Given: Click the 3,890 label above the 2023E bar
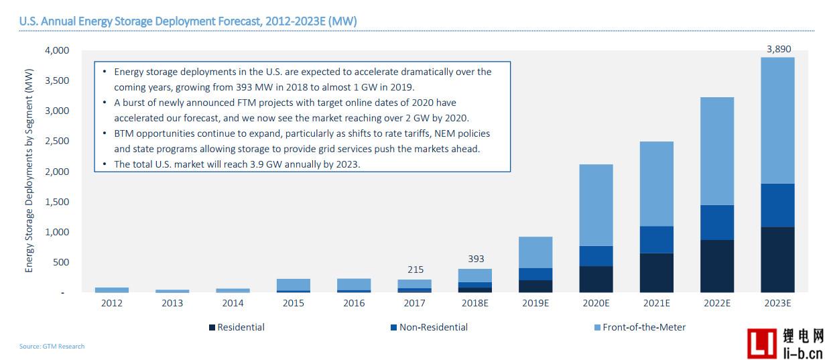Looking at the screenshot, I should [x=777, y=49].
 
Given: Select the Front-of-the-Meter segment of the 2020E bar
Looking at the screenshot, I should [x=596, y=205].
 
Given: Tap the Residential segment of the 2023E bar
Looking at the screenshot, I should [x=777, y=259].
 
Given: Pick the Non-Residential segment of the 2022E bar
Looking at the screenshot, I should [x=717, y=223].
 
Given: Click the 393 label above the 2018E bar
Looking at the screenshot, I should [x=475, y=259].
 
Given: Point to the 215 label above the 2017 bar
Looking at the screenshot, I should [x=415, y=269].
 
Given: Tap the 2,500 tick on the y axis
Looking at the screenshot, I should [x=57, y=141].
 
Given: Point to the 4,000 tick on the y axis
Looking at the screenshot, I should [x=57, y=50].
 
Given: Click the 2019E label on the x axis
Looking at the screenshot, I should [x=535, y=303].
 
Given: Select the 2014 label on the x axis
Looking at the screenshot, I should [x=233, y=303].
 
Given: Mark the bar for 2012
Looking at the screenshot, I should [x=112, y=290].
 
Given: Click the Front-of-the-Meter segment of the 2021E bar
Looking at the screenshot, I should [x=657, y=184].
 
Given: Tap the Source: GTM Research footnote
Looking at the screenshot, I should [x=52, y=346].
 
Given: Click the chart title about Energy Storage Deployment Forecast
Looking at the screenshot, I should [x=188, y=21].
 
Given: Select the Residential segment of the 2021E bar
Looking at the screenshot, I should [x=657, y=272].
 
